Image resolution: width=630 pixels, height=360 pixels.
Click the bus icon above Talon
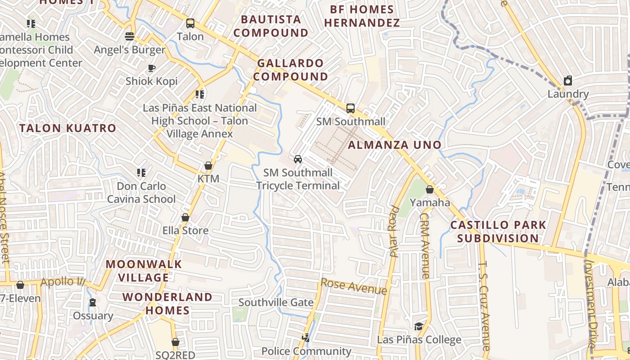[190, 23]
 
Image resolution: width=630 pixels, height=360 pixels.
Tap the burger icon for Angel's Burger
[130, 36]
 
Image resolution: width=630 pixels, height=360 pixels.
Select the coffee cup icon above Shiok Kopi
[152, 68]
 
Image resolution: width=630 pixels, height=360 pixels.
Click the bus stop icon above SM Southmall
[351, 108]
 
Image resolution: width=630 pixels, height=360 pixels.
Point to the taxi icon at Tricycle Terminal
[297, 159]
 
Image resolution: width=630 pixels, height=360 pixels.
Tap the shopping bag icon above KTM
[208, 166]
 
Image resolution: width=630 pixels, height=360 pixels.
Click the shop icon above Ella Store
[185, 218]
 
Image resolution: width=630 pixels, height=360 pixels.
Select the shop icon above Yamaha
[430, 189]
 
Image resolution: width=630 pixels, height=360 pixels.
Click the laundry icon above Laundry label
[568, 81]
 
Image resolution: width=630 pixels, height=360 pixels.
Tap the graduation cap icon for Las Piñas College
[419, 326]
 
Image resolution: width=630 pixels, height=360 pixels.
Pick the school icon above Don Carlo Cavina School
[141, 173]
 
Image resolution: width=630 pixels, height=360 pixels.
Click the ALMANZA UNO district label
[395, 145]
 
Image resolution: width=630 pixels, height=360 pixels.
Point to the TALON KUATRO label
[68, 128]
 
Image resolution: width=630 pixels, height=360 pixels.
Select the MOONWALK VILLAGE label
[144, 271]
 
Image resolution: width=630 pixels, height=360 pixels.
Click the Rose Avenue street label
[354, 287]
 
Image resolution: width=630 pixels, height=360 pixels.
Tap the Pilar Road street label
[395, 231]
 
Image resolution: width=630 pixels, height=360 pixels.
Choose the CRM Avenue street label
[425, 245]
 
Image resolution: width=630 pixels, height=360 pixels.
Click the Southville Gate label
[276, 302]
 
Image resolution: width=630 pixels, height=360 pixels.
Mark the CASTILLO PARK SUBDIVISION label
[498, 231]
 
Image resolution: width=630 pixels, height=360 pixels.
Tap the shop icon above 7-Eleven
[20, 285]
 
